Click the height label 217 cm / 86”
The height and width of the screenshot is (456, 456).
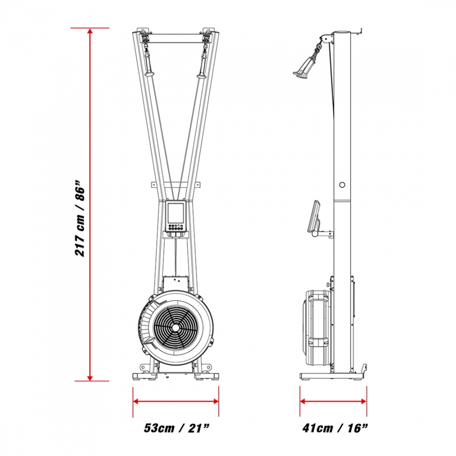click(80, 218)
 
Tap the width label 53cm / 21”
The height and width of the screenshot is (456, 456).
click(176, 428)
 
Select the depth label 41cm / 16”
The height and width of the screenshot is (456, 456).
click(335, 428)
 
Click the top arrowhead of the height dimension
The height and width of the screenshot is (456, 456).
click(90, 31)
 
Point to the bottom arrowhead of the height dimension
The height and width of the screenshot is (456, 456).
click(90, 377)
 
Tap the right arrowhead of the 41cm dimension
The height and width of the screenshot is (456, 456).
click(363, 401)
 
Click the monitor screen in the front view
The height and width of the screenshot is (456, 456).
click(176, 212)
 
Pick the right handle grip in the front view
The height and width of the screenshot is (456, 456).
click(202, 65)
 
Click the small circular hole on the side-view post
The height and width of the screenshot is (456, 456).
click(342, 185)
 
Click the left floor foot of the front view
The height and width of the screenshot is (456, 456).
click(145, 377)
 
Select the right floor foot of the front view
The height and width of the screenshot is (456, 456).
click(207, 377)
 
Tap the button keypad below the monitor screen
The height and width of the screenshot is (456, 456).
click(176, 227)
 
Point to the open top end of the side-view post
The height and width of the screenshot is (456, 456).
click(342, 32)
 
